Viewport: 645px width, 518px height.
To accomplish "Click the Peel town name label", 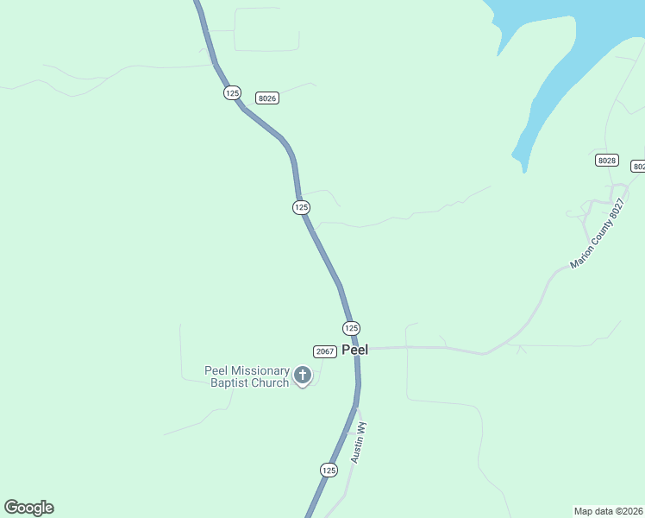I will tap(355, 350).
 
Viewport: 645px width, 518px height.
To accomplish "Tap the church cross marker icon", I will tap(303, 375).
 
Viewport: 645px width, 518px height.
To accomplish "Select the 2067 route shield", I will tap(324, 351).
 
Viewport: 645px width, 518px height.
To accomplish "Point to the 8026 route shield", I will tap(267, 98).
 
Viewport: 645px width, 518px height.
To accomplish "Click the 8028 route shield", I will tap(607, 161).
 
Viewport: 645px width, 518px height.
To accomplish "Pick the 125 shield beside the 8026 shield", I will tap(232, 92).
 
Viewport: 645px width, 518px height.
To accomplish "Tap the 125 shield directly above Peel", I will tap(351, 328).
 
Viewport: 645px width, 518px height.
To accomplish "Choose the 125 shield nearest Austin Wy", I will tap(329, 470).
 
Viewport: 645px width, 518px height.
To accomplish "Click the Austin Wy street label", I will tap(359, 442).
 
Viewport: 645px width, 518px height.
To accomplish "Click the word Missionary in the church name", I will tap(258, 371).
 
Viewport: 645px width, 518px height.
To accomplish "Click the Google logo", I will tap(28, 508).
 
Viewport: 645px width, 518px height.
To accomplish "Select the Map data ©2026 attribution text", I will tap(609, 511).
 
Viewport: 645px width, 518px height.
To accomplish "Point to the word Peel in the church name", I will tap(216, 371).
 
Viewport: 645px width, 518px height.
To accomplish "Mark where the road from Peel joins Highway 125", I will tap(357, 349).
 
